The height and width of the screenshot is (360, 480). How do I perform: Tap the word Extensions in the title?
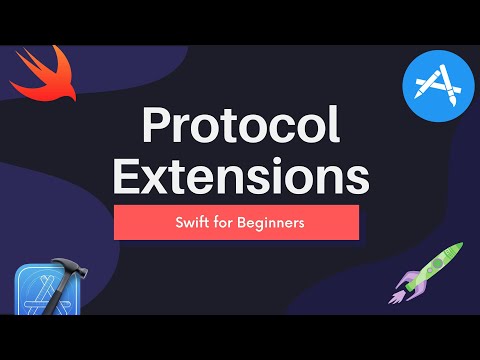(240, 178)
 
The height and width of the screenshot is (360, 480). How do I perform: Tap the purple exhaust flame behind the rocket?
(400, 296)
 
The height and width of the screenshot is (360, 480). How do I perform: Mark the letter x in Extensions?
(160, 180)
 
